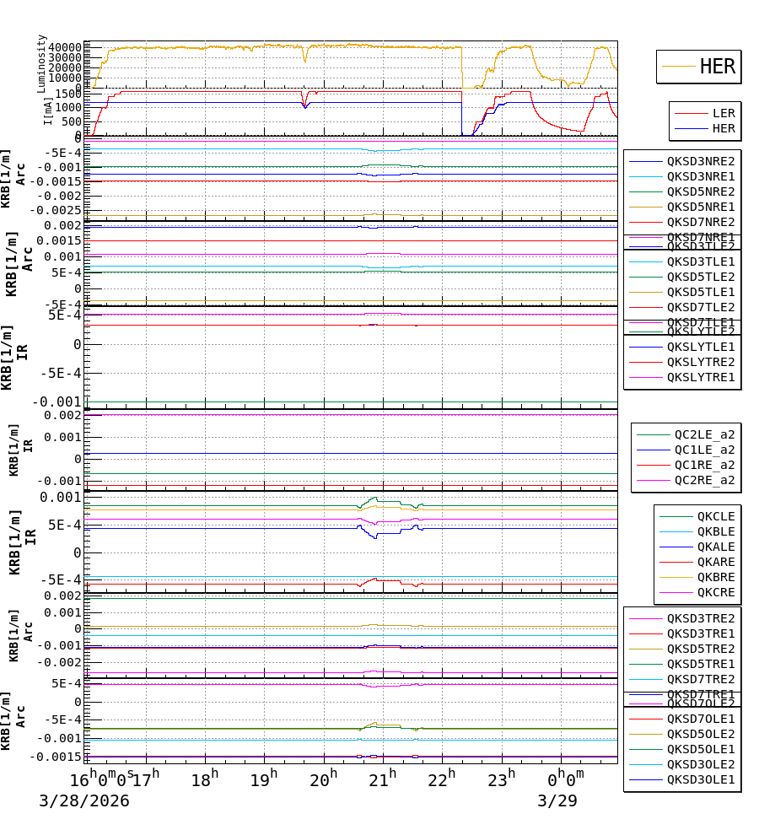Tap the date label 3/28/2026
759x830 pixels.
[84, 800]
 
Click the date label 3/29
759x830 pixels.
[557, 800]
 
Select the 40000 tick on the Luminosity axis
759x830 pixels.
[65, 47]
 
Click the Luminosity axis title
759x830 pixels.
[41, 62]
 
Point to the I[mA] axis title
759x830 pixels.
[48, 111]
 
